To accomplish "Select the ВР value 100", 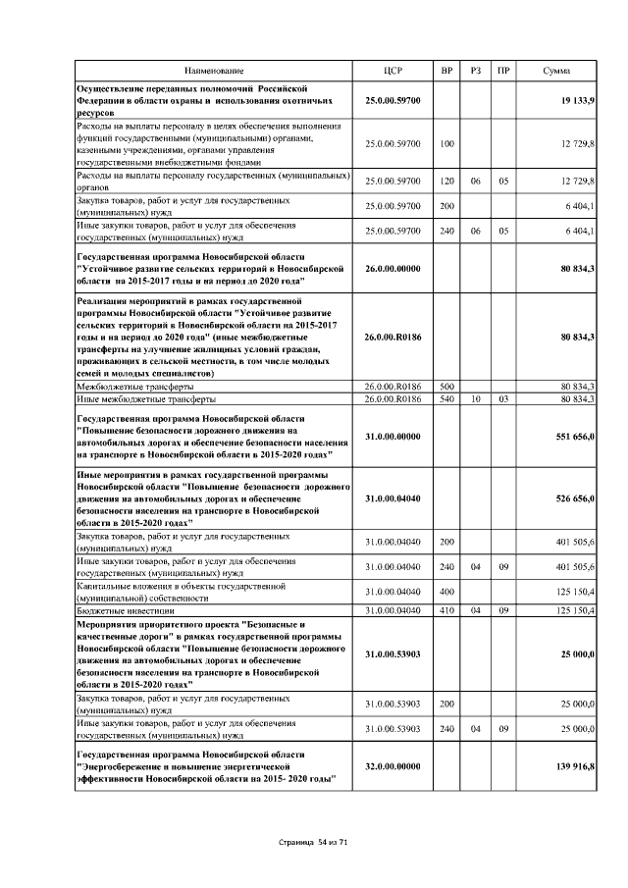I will point(447,144).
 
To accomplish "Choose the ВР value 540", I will point(447,399).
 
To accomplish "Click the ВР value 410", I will point(447,610).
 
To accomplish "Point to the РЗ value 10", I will point(475,399).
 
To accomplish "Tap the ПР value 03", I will point(503,399).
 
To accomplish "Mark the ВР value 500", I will point(447,388).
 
